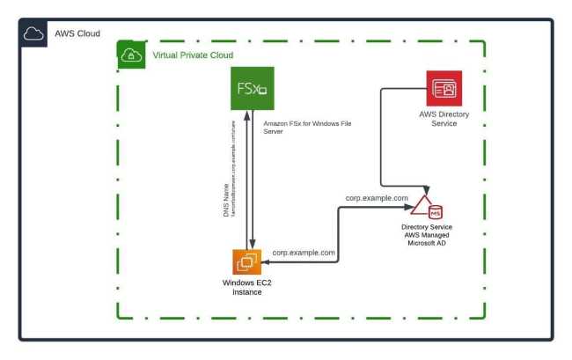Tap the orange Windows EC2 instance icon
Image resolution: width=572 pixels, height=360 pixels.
click(246, 263)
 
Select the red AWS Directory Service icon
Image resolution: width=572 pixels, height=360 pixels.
click(444, 89)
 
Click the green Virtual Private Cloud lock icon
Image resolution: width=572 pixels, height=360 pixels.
click(130, 55)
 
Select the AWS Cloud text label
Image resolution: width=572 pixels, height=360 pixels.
click(77, 33)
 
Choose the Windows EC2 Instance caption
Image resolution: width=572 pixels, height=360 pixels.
click(247, 287)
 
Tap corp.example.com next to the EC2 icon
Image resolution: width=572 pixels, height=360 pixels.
click(304, 252)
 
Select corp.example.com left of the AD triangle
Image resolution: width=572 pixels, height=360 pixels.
click(377, 199)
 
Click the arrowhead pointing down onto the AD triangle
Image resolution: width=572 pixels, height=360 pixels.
click(429, 187)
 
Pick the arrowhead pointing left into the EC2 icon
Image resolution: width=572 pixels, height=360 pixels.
click(267, 262)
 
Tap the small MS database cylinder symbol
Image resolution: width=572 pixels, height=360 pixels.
click(434, 211)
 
